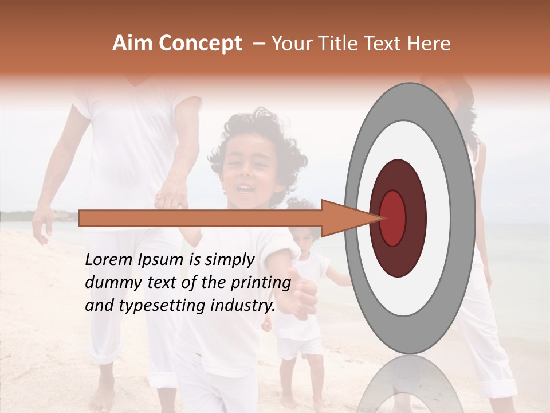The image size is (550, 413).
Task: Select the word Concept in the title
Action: [x=200, y=44]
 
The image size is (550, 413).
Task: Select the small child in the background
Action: [x=304, y=287]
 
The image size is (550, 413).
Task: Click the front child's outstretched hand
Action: [x=301, y=295]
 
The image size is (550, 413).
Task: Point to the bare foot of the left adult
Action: [x=103, y=396]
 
